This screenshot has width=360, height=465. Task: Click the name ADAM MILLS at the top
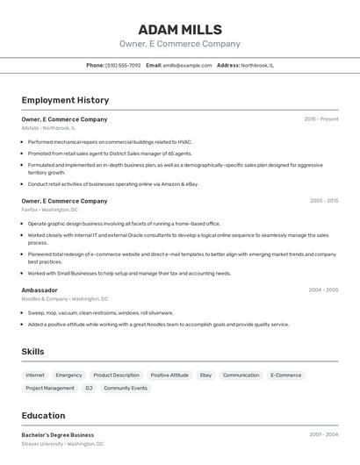180,30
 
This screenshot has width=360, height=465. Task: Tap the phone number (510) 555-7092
123,65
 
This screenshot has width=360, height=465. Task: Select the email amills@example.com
186,65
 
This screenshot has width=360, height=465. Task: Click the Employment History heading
65,100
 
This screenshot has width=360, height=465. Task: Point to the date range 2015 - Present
320,118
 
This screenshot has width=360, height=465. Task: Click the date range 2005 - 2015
323,200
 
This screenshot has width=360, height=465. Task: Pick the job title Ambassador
40,290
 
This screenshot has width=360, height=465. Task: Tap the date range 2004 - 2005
323,290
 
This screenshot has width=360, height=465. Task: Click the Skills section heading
32,352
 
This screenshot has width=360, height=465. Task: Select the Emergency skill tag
68,375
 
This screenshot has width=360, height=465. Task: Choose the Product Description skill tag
116,375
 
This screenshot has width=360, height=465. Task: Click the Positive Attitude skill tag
169,375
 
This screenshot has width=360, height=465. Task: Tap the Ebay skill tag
205,375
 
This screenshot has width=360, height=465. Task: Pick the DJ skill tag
89,388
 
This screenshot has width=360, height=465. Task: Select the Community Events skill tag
126,388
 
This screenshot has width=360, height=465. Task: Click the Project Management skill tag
50,388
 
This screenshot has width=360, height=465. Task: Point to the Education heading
43,416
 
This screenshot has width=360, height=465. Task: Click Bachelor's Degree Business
58,434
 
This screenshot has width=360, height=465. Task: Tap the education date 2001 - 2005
323,434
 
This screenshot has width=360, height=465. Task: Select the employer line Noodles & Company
45,298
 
